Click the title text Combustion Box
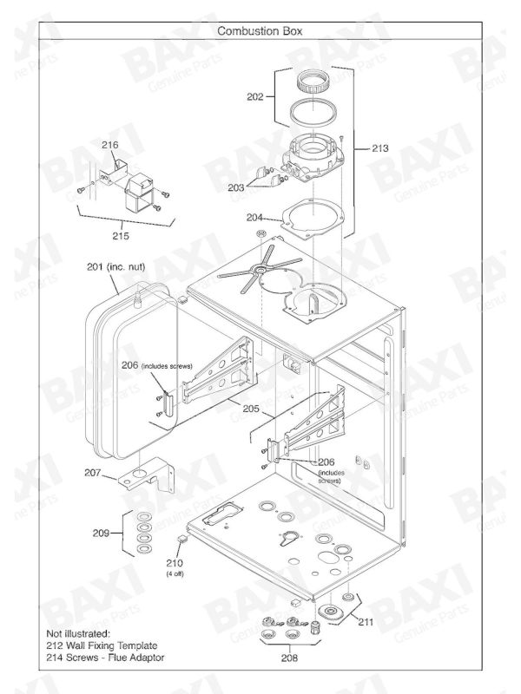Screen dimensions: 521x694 tap(260, 31)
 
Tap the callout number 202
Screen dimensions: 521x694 tap(255, 96)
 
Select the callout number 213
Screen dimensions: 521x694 tap(379, 147)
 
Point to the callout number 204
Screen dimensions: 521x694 tap(254, 218)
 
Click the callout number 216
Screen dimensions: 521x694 tap(110, 145)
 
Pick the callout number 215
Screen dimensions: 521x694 tap(121, 236)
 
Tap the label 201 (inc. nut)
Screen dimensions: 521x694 tap(115, 267)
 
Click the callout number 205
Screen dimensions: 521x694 tap(251, 409)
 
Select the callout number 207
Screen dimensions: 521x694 tap(93, 473)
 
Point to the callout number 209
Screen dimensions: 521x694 tap(101, 533)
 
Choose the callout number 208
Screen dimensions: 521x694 tap(289, 658)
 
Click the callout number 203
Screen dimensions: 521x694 tap(236, 187)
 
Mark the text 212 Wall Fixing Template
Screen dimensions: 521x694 tap(102, 645)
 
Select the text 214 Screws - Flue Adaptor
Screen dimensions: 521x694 tap(105, 658)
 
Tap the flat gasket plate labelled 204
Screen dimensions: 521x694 tap(313, 220)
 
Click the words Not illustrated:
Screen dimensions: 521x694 tap(78, 634)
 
